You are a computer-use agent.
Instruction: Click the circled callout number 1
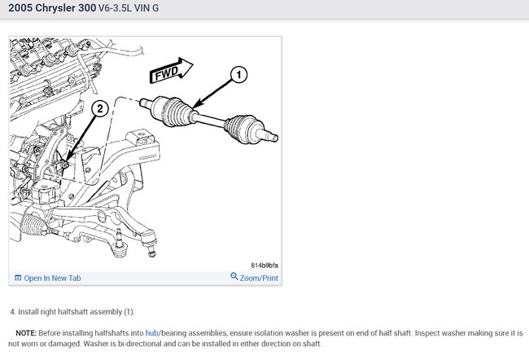pos(238,74)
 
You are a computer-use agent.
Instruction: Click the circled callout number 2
pos(100,109)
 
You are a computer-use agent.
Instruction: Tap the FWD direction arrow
pos(171,71)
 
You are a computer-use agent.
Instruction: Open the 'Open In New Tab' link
pos(52,279)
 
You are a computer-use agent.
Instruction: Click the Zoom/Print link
pos(259,279)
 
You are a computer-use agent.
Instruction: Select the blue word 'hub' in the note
pos(152,333)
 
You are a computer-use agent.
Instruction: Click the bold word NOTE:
pos(26,333)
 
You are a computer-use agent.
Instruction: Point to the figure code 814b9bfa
pos(264,266)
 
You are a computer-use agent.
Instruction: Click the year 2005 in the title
pos(20,8)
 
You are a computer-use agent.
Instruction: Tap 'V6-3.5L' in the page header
pos(115,8)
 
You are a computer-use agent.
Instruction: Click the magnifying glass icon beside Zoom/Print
pos(234,277)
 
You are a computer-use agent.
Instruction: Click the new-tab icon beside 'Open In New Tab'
pos(18,278)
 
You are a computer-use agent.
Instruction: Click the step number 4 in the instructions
pos(12,312)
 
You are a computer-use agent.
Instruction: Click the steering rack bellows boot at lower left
pos(33,225)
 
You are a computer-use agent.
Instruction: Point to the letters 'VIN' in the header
pos(142,8)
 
